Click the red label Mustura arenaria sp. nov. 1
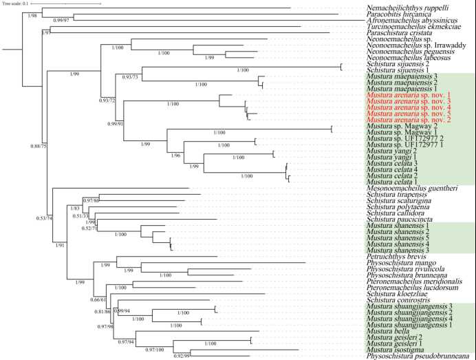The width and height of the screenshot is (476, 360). click(409, 95)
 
